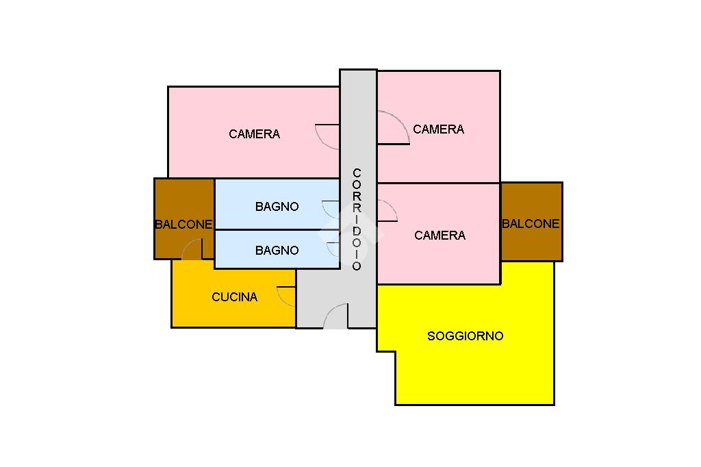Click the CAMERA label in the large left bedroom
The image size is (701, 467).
click(254, 134)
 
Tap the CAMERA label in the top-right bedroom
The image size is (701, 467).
click(438, 129)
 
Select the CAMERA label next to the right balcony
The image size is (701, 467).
click(439, 236)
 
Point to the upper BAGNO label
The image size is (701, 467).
click(277, 207)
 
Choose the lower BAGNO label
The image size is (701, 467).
click(277, 251)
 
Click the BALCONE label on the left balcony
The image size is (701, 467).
click(183, 224)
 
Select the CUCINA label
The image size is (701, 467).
click(234, 297)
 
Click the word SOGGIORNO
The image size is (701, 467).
click(465, 336)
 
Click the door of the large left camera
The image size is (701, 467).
click(329, 136)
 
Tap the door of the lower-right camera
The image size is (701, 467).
click(387, 211)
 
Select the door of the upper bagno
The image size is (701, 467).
click(331, 209)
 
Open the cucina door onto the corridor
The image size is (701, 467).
click(286, 295)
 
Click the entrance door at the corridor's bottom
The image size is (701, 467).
click(335, 318)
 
